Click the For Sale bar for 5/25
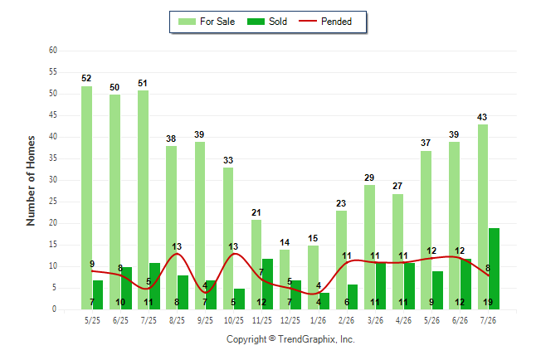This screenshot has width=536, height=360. click(86, 197)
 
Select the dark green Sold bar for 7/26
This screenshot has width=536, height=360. click(494, 269)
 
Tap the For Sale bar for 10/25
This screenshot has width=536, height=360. click(228, 238)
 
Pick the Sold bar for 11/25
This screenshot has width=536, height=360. click(268, 285)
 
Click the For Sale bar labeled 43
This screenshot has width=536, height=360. click(483, 216)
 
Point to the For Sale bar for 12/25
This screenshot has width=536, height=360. click(285, 280)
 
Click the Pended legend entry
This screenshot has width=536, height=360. click(325, 22)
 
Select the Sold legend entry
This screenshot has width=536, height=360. click(267, 22)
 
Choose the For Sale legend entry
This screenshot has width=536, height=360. click(207, 22)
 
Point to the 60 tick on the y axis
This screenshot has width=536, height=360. click(53, 51)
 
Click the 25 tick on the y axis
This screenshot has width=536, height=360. click(53, 202)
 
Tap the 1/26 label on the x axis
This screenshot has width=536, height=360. click(319, 320)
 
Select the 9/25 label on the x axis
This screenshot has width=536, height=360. click(205, 320)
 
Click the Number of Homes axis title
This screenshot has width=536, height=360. click(31, 181)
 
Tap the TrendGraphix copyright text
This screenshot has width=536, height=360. click(290, 339)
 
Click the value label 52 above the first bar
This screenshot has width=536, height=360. click(86, 78)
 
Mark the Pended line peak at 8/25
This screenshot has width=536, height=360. click(177, 254)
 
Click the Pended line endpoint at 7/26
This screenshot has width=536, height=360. click(488, 275)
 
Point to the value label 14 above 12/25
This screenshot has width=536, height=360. click(285, 242)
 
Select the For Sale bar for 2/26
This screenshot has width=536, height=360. click(341, 260)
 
